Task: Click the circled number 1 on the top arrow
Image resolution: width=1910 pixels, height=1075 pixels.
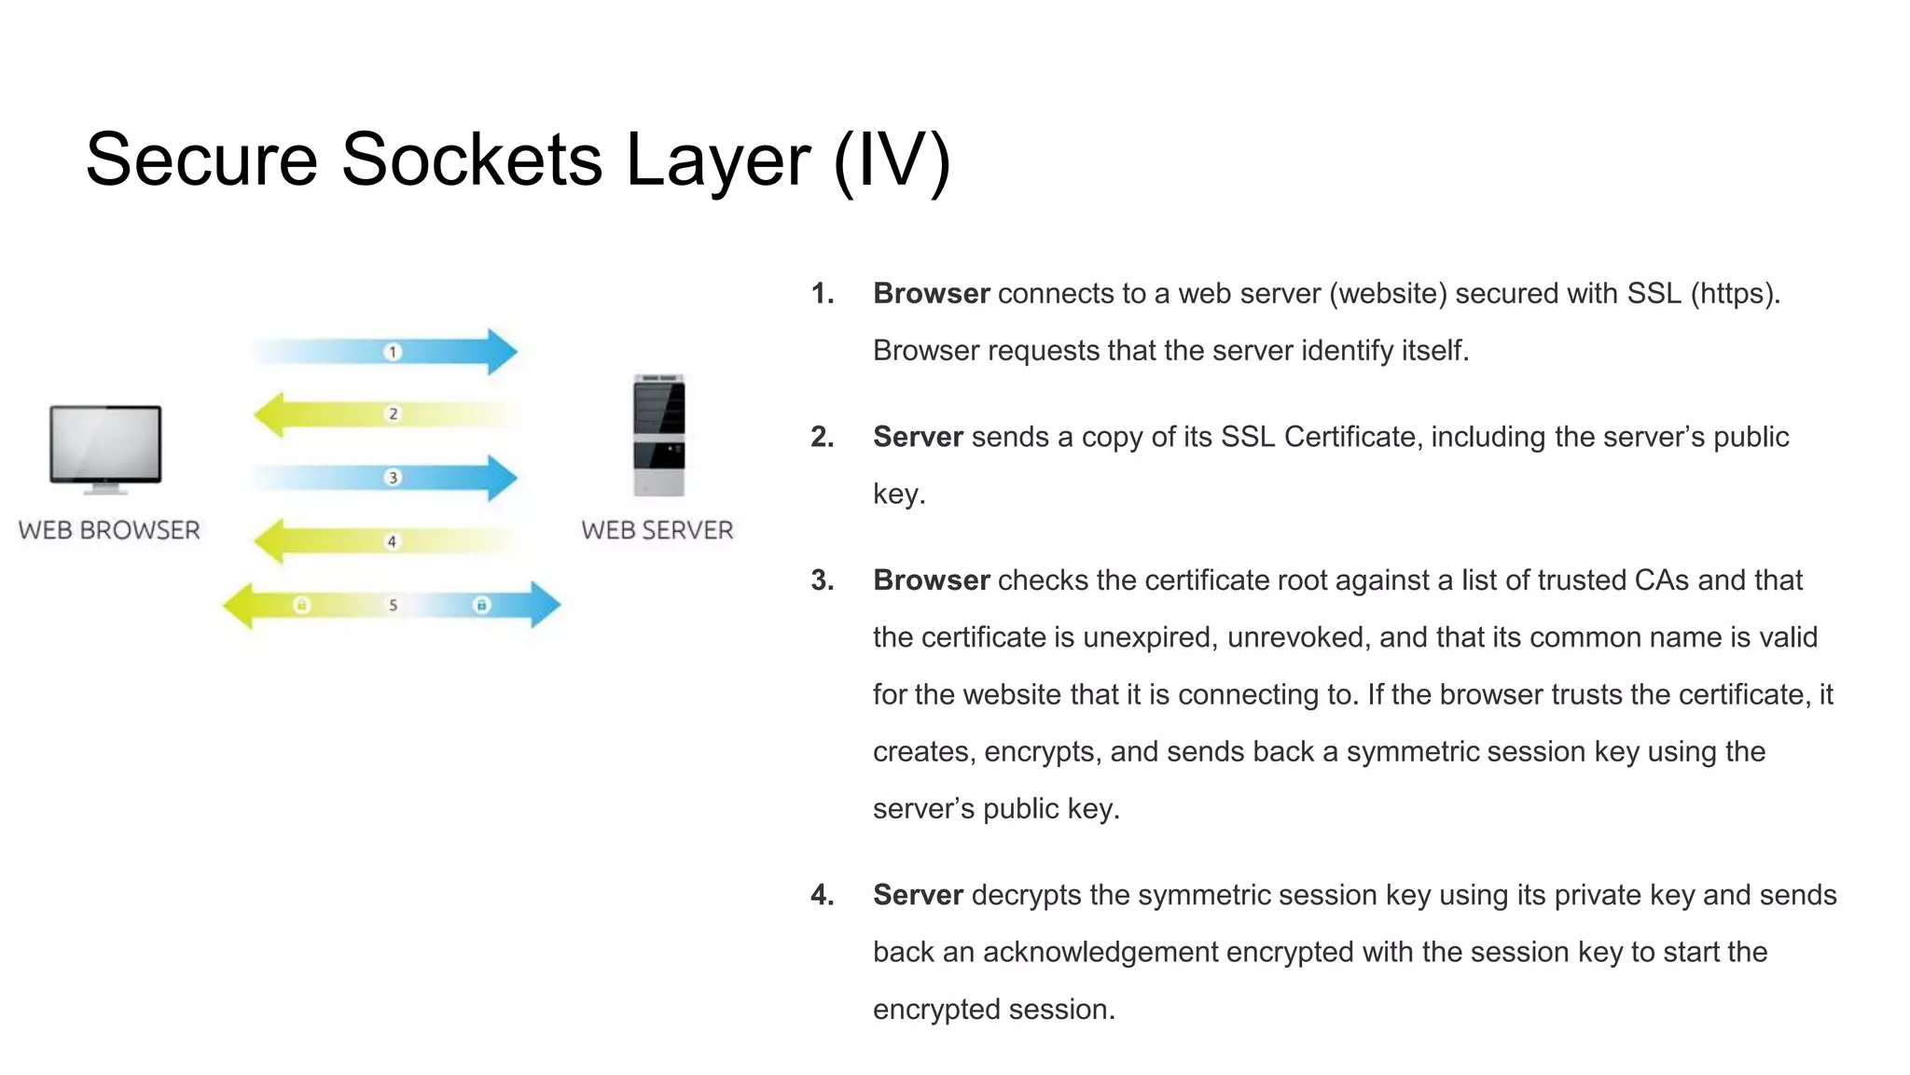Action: [393, 352]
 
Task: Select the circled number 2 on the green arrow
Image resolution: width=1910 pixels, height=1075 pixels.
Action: [393, 413]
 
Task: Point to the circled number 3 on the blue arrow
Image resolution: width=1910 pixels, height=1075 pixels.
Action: [393, 478]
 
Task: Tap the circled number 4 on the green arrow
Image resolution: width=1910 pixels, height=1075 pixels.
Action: [392, 541]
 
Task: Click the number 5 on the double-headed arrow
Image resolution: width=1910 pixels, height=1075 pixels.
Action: [393, 605]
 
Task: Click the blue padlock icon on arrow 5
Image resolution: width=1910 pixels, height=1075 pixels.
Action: [481, 605]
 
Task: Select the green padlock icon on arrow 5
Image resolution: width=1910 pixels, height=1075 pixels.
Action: [301, 605]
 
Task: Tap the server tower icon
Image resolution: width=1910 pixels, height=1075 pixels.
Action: [658, 435]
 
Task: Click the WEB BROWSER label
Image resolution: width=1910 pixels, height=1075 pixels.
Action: [109, 530]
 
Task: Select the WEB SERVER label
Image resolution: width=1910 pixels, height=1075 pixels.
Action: [657, 530]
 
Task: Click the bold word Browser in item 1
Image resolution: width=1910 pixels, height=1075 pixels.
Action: [931, 294]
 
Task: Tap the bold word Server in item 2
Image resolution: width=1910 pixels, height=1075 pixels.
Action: [918, 437]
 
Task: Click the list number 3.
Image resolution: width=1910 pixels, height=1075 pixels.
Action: [822, 580]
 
